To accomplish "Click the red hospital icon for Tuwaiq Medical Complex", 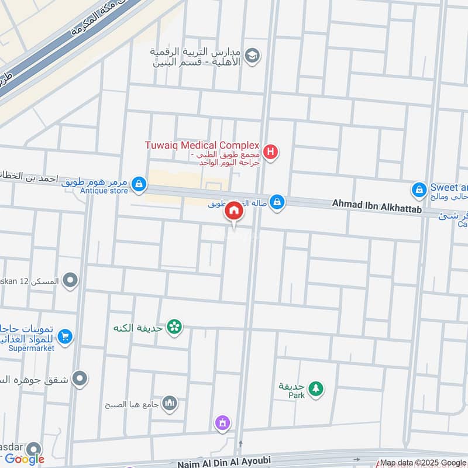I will point(270,153).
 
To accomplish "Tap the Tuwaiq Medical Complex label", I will point(202,145).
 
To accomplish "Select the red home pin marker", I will point(233,211).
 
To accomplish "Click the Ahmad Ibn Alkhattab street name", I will point(377,204).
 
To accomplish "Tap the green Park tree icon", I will point(315,388).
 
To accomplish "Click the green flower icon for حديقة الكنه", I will point(174,327).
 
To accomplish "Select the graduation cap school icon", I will point(253,56).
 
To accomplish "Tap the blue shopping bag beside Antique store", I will point(139,184).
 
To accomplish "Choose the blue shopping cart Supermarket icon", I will point(65,336).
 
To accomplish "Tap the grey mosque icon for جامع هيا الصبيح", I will point(170,403).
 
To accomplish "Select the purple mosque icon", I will point(222,422).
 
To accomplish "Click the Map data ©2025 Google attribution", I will point(424,462).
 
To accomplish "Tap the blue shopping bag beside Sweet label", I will point(419,190).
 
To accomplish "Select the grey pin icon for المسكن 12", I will point(70,281).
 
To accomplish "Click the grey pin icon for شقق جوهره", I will point(80,378).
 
